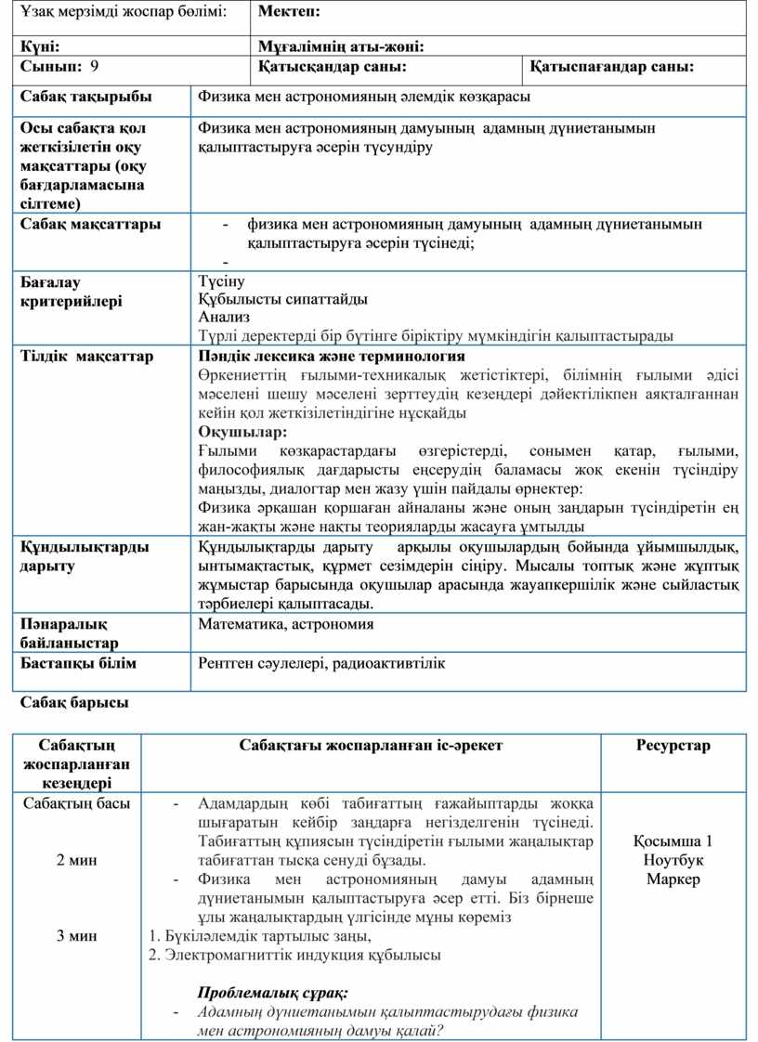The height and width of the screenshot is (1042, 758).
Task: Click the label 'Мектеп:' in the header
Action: pos(289,12)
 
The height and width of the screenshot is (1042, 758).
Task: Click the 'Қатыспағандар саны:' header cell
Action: pos(612,67)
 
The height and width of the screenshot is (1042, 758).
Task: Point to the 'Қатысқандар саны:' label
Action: pos(332,67)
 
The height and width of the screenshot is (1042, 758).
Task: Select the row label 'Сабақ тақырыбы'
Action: pos(85,97)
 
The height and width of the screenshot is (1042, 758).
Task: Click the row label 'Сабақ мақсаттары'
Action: pos(90,224)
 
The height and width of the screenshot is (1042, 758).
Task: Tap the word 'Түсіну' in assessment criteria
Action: pos(221,280)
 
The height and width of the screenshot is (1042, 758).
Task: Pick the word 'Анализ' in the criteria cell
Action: pos(224,317)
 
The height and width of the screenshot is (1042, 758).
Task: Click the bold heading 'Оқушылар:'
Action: pos(242,432)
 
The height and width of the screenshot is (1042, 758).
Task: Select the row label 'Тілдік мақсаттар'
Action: pos(86,357)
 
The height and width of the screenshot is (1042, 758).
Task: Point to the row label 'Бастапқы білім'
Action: pos(78,663)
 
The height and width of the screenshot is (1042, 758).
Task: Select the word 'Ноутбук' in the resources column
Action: pos(673,860)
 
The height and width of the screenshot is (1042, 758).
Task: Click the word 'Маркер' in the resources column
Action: pos(673,879)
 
